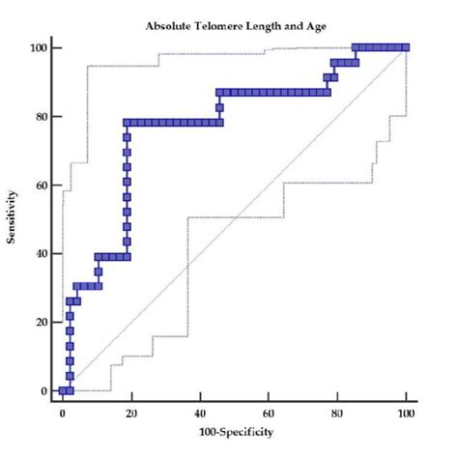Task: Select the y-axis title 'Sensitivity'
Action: [x=13, y=218]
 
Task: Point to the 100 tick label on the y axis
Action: [x=41, y=47]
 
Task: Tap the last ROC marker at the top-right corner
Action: [x=405, y=47]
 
